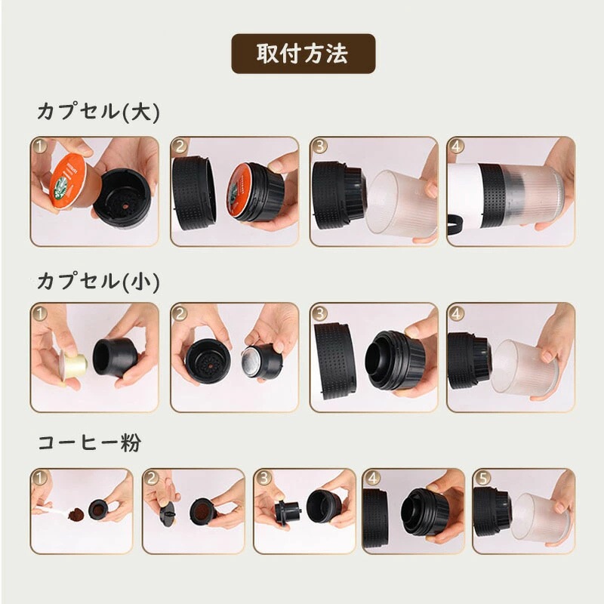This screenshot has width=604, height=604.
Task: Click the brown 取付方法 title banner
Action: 303,54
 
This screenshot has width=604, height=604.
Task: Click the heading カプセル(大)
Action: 98,112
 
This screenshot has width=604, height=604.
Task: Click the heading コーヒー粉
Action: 88,442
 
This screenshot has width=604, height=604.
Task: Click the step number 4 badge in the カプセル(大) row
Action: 457,146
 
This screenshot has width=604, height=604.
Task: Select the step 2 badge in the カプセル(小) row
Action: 180,313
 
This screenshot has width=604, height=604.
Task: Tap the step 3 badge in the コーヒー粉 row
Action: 263,478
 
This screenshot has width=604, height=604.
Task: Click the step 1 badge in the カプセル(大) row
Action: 40,146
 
